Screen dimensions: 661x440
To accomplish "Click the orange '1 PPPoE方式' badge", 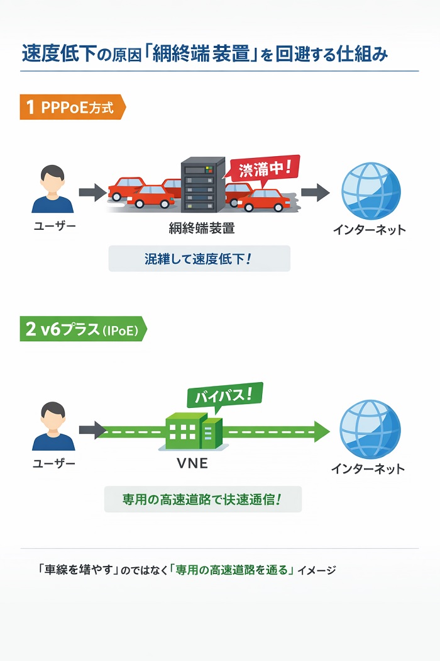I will (x=72, y=108).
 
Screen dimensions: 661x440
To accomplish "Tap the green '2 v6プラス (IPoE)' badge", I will (x=82, y=329).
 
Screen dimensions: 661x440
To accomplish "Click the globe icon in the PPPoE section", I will (x=370, y=191).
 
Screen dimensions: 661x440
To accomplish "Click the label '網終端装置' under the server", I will (x=202, y=229).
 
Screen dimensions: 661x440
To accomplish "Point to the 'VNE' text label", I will (x=192, y=465).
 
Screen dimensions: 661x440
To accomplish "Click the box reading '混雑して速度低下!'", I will (x=199, y=259).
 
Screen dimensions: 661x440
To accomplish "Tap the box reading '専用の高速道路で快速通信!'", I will (x=202, y=499).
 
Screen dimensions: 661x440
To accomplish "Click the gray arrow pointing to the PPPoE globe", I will (x=314, y=192).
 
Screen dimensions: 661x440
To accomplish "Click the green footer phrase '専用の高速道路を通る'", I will (x=232, y=570).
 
